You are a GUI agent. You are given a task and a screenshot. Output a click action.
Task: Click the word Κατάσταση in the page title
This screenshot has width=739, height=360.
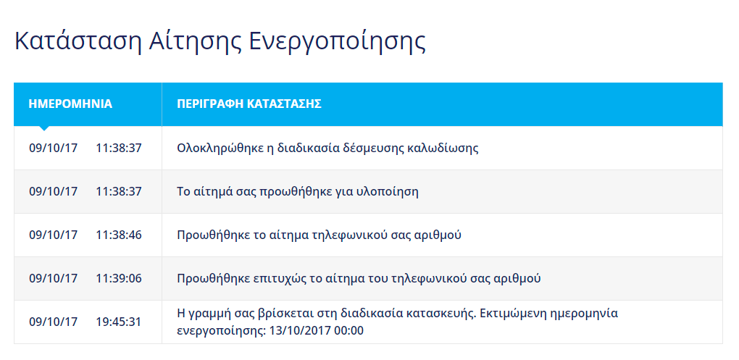pos(78,41)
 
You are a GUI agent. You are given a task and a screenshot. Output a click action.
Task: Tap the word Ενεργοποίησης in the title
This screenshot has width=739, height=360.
pos(337,41)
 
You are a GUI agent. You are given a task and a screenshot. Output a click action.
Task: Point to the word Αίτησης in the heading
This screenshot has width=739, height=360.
pos(195,41)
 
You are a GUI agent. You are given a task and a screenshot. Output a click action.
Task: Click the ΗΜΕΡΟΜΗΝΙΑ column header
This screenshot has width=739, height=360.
pos(70,104)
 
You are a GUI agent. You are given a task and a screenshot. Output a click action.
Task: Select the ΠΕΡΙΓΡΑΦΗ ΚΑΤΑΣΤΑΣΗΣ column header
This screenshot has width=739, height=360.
pos(249,104)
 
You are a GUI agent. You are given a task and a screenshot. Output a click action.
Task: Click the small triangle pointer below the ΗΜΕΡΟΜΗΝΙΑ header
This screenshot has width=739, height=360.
pos(43,128)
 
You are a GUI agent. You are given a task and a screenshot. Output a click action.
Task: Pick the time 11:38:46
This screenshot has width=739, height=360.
pos(119,235)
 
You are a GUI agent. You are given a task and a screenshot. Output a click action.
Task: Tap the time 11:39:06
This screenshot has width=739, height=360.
pos(119,278)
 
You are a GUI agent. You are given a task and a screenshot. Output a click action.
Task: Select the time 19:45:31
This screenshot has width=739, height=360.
pos(119,322)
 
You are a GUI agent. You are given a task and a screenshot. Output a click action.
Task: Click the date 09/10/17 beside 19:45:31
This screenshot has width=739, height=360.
pos(54,322)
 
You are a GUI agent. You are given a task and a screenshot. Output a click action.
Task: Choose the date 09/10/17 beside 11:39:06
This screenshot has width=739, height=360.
pos(54,278)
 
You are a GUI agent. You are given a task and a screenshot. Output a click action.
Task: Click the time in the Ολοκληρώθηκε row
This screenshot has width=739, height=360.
pos(119,148)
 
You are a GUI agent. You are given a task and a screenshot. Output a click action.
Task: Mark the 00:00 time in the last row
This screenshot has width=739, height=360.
pos(348,330)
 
